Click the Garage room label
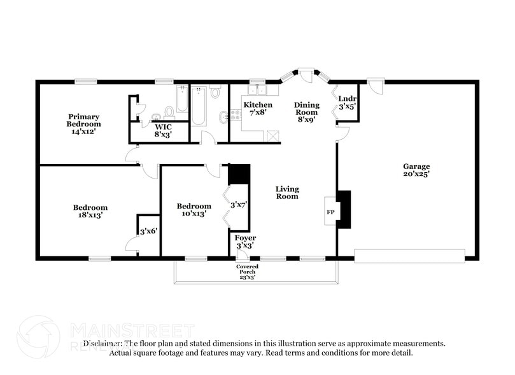pyautogui.click(x=416, y=170)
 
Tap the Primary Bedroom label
pyautogui.click(x=84, y=121)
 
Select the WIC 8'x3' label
pyautogui.click(x=164, y=131)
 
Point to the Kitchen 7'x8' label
pyautogui.click(x=258, y=108)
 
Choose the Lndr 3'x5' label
pyautogui.click(x=347, y=103)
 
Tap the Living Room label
pyautogui.click(x=287, y=193)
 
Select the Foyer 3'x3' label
pyautogui.click(x=246, y=242)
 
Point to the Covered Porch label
pyautogui.click(x=246, y=271)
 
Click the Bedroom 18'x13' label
pyautogui.click(x=90, y=211)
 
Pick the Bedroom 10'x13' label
pyautogui.click(x=194, y=210)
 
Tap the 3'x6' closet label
pyautogui.click(x=148, y=231)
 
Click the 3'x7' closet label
pyautogui.click(x=239, y=205)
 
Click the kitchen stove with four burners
pyautogui.click(x=236, y=115)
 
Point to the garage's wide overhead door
pyautogui.click(x=409, y=256)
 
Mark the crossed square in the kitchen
pyautogui.click(x=274, y=135)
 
